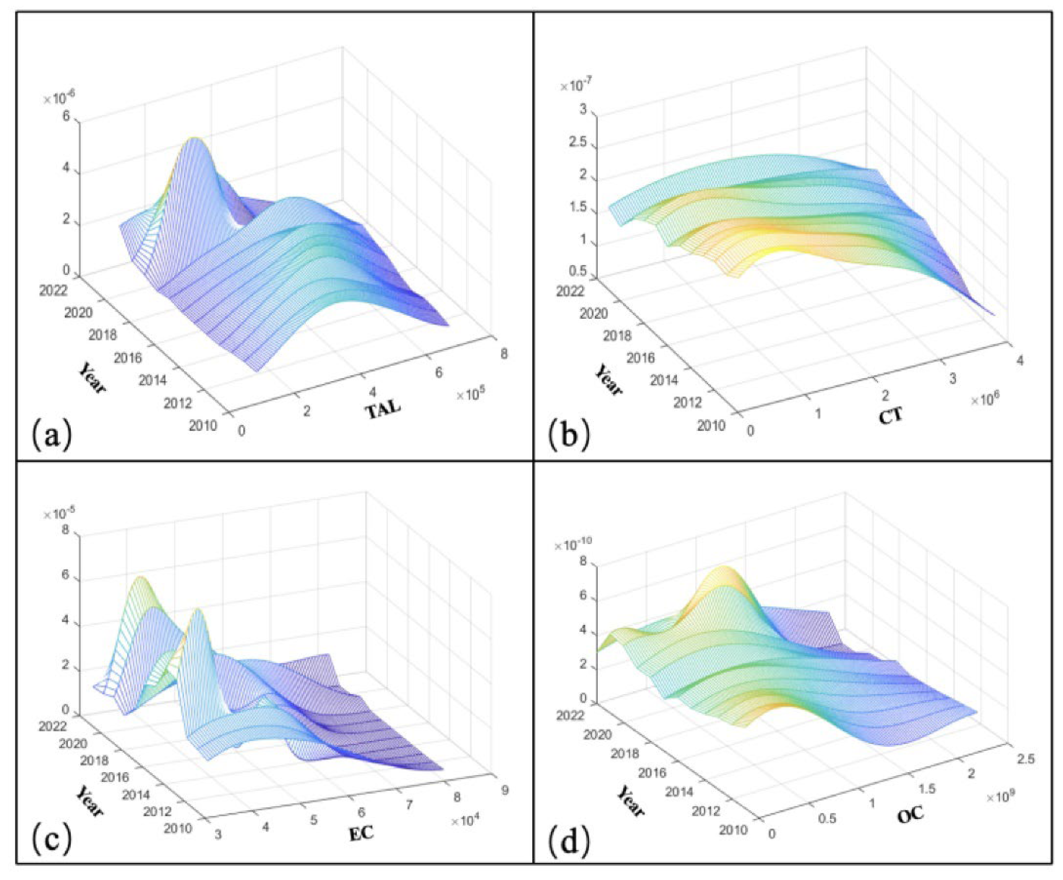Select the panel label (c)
(x=52, y=837)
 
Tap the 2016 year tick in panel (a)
(x=128, y=358)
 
